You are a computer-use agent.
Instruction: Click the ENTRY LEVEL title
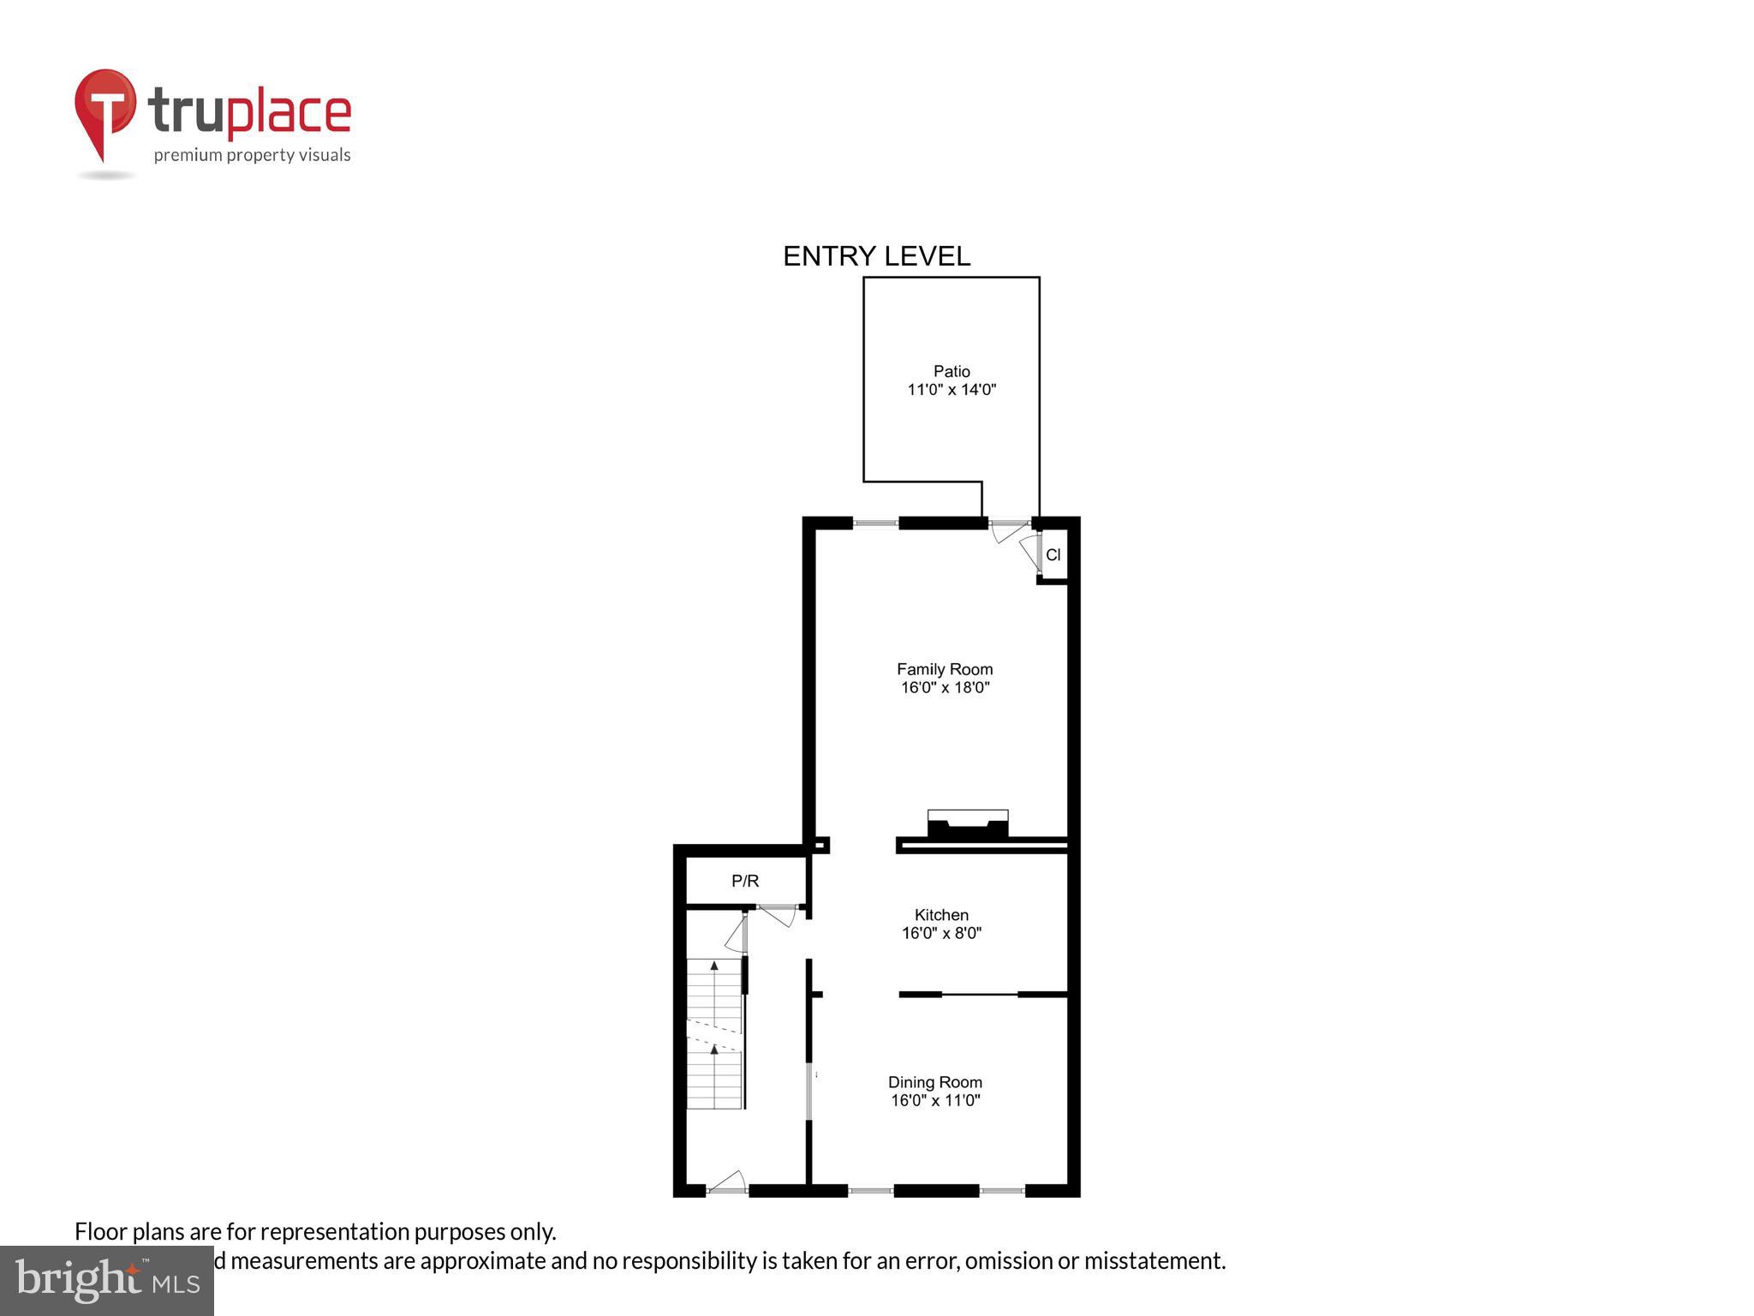coord(876,256)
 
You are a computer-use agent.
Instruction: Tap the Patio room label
coord(952,371)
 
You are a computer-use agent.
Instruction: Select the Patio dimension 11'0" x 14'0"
coord(952,390)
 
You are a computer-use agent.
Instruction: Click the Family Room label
coord(945,669)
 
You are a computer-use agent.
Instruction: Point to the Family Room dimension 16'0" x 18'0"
coord(945,687)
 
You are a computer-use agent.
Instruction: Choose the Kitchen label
coord(941,915)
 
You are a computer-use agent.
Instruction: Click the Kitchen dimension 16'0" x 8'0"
coord(941,933)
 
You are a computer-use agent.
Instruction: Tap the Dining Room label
coord(934,1082)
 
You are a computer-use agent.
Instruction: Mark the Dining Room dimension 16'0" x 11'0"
coord(934,1100)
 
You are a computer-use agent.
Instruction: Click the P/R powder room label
coord(744,881)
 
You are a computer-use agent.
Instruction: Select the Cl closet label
coord(1053,555)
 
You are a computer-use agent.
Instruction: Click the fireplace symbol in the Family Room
coord(968,824)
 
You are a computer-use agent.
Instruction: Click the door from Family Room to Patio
coord(1009,530)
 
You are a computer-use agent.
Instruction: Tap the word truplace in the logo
coord(249,112)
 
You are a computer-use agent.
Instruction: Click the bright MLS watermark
coord(107,1280)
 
